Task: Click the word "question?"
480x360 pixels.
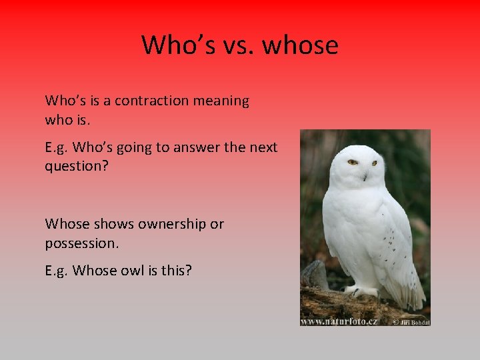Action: pyautogui.click(x=74, y=167)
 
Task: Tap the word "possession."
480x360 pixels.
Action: pyautogui.click(x=82, y=243)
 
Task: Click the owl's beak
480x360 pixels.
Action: pyautogui.click(x=364, y=175)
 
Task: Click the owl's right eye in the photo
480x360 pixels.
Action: pyautogui.click(x=374, y=163)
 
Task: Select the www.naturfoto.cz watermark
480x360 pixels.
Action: pyautogui.click(x=339, y=321)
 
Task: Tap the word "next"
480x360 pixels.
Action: pyautogui.click(x=263, y=147)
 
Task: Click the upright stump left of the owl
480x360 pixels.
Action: pyautogui.click(x=314, y=275)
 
